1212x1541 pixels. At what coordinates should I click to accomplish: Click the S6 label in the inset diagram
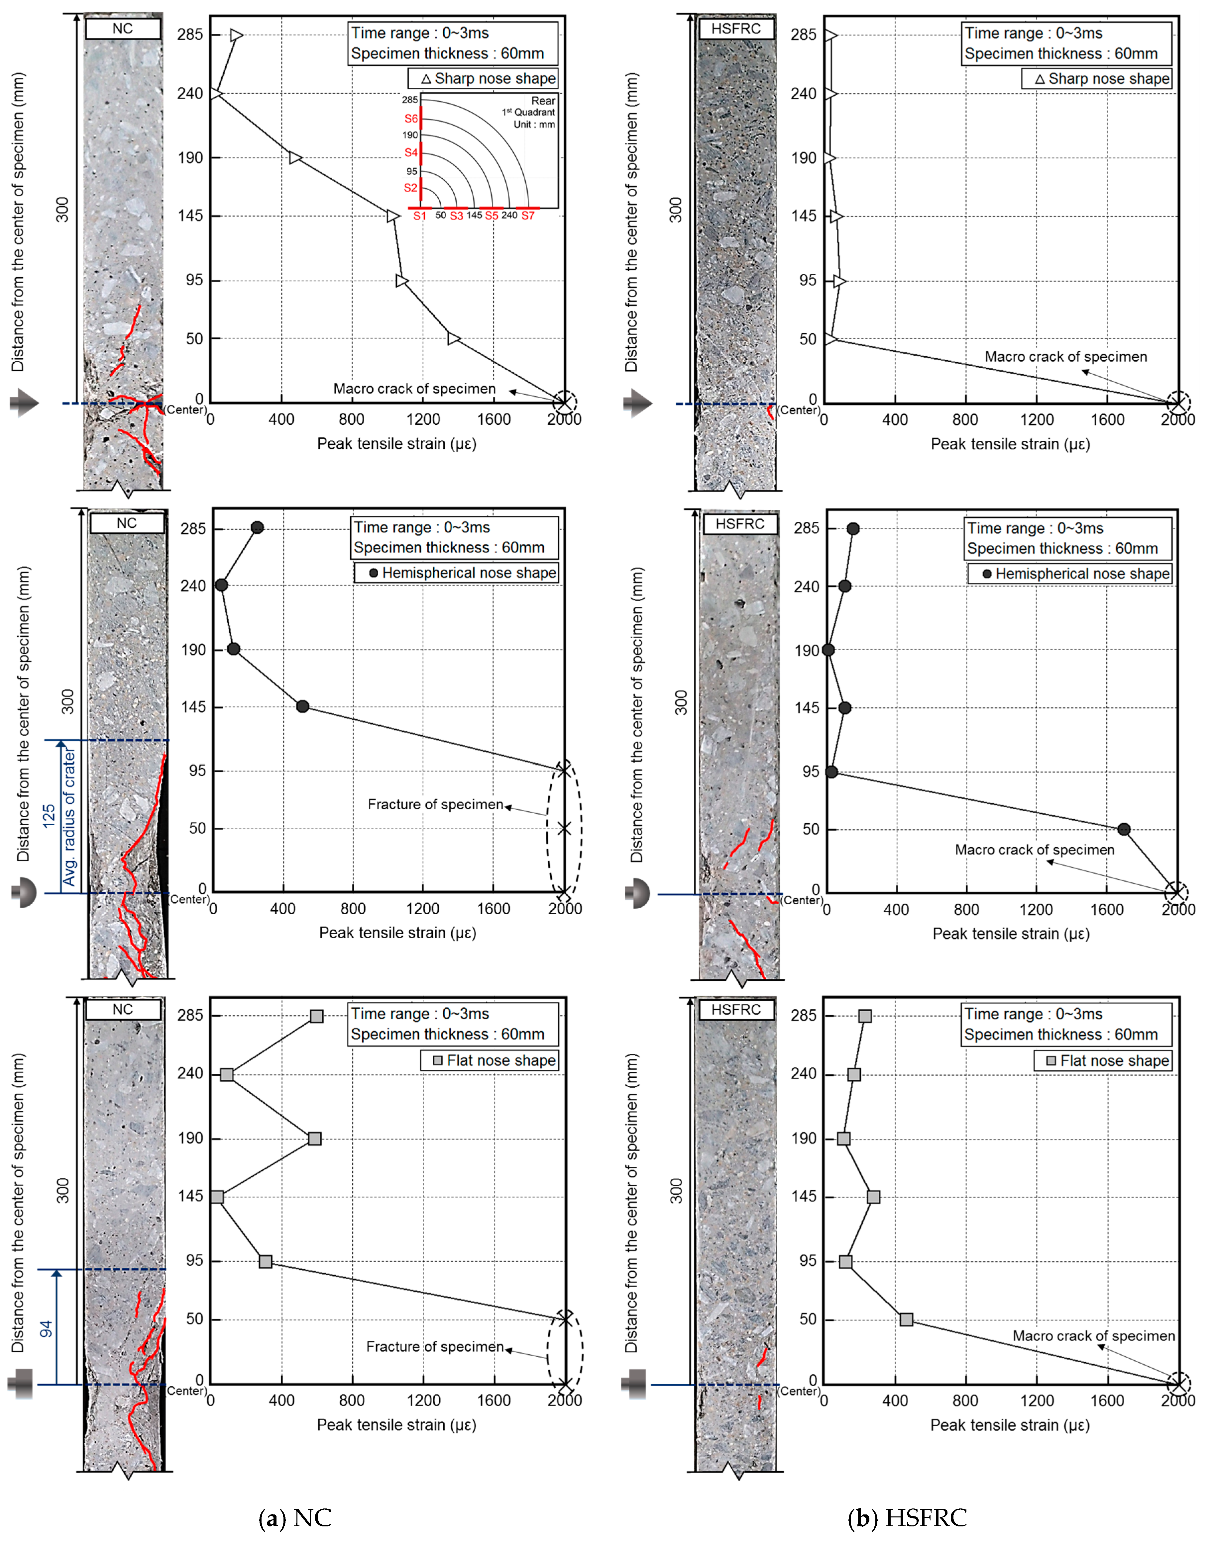pos(411,119)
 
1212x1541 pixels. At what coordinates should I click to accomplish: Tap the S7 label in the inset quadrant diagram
pos(528,216)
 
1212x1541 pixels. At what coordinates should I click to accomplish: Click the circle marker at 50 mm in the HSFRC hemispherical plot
pos(1124,829)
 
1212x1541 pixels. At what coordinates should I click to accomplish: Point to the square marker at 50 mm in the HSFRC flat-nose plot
pos(906,1319)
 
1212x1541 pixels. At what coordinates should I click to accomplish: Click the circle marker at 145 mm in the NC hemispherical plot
pos(302,706)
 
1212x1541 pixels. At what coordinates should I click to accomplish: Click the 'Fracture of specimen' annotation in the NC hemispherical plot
pos(435,804)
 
